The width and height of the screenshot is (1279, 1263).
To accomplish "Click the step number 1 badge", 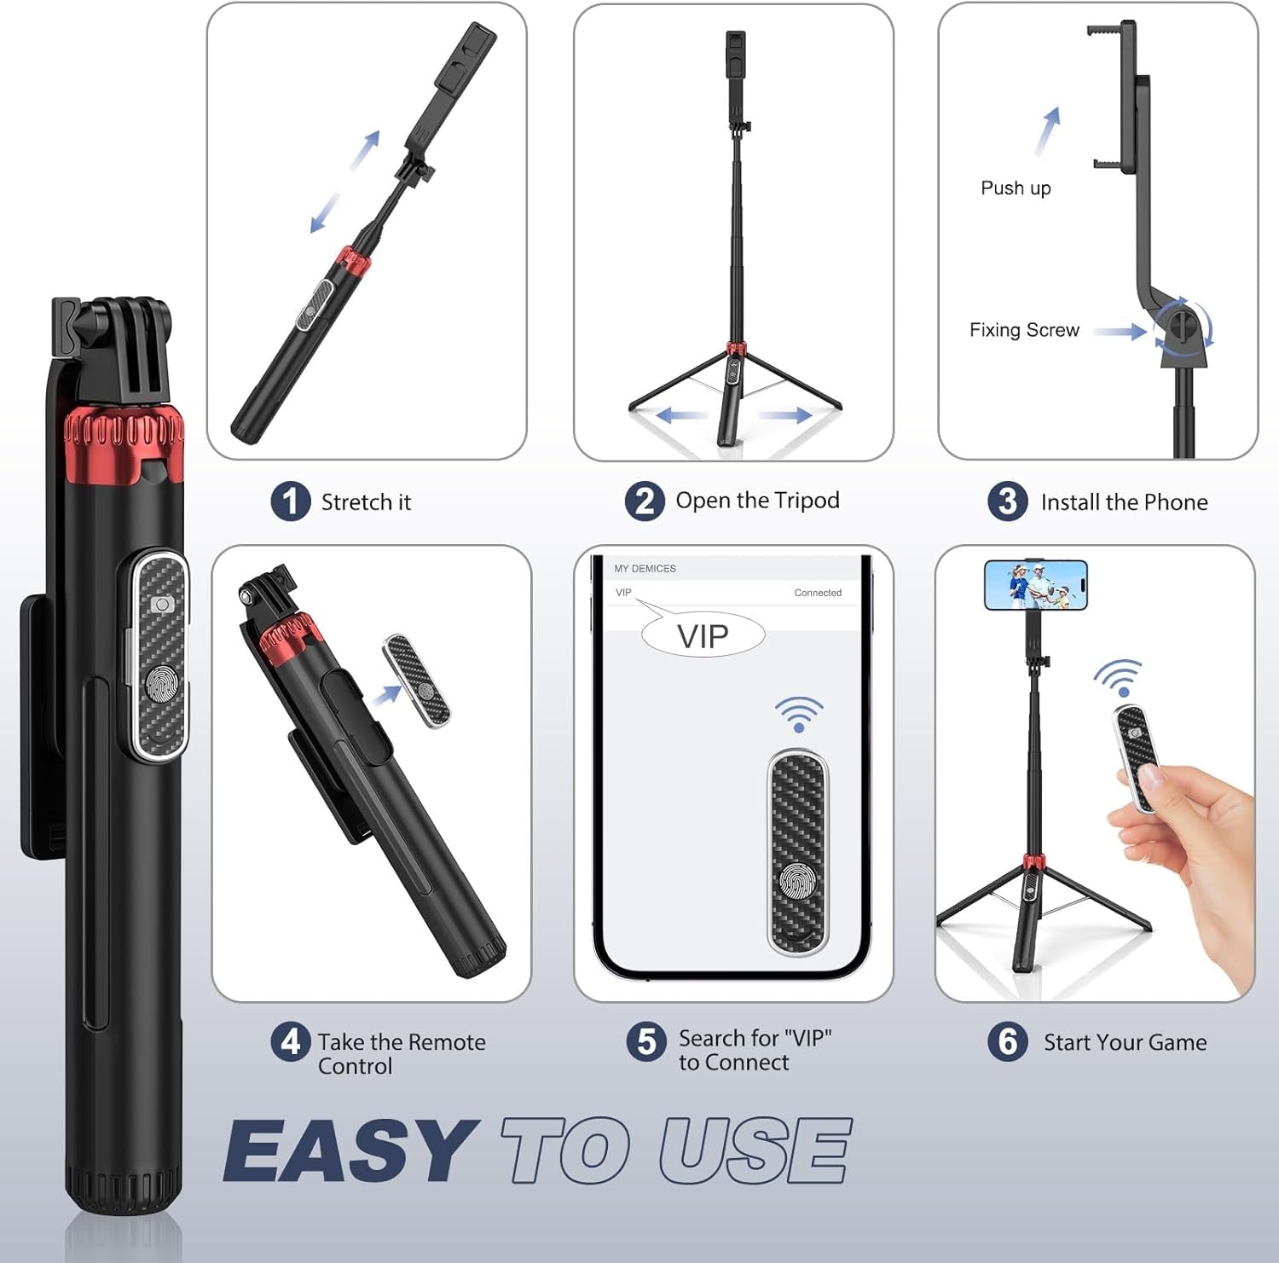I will point(291,501).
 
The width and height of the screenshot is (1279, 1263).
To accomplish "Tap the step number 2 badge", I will point(645,501).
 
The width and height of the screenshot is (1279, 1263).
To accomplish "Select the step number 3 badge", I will point(1007,501).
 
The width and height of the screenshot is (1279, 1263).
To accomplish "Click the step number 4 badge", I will point(290,1042).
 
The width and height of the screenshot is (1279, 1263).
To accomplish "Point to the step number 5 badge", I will point(645,1042).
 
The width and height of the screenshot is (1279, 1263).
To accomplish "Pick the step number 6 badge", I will point(1007,1042).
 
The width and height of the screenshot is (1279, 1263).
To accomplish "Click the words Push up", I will point(1016,188).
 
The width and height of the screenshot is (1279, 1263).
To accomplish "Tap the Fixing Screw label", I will point(1024,330).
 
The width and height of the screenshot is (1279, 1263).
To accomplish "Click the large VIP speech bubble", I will point(703,636).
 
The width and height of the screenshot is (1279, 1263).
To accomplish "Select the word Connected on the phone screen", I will point(818,593).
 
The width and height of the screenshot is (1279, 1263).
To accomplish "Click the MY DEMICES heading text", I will point(645,569).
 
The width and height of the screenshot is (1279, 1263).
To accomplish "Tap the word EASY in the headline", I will point(348,1151).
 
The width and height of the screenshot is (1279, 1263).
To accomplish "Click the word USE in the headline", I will point(755,1151).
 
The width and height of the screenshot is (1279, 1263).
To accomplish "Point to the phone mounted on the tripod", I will point(1035,585).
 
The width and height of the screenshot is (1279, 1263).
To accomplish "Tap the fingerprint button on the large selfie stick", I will point(161,684).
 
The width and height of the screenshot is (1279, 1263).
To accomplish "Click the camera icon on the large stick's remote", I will point(162,605).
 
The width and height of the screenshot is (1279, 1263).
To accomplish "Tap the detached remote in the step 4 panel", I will point(417,681).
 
